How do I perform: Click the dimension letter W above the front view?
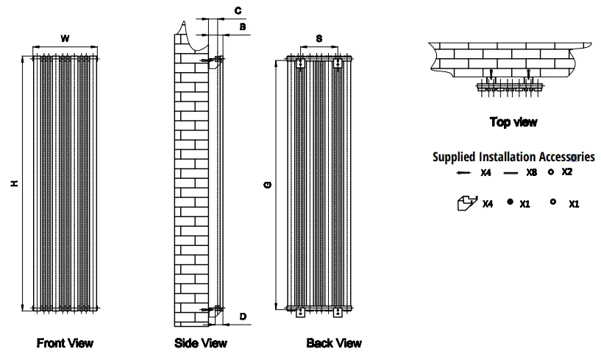pyautogui.click(x=65, y=38)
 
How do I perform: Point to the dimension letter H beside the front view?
pyautogui.click(x=14, y=183)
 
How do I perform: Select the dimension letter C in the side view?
pyautogui.click(x=238, y=10)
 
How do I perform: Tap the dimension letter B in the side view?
pyautogui.click(x=242, y=27)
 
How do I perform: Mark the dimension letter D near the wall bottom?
pyautogui.click(x=242, y=317)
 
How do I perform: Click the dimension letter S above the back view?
pyautogui.click(x=318, y=38)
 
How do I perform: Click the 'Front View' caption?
pyautogui.click(x=65, y=343)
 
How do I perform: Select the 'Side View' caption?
pyautogui.click(x=201, y=343)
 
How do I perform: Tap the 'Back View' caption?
pyautogui.click(x=334, y=343)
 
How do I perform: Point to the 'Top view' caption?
pyautogui.click(x=513, y=122)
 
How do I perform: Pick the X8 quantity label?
pyautogui.click(x=531, y=173)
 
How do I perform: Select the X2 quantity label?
pyautogui.click(x=566, y=172)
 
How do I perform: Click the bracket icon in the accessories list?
pyautogui.click(x=466, y=202)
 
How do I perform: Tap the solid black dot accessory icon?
pyautogui.click(x=509, y=202)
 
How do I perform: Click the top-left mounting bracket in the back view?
pyautogui.click(x=299, y=65)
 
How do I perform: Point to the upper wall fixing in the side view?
pyautogui.click(x=216, y=59)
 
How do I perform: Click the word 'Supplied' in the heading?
pyautogui.click(x=454, y=157)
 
